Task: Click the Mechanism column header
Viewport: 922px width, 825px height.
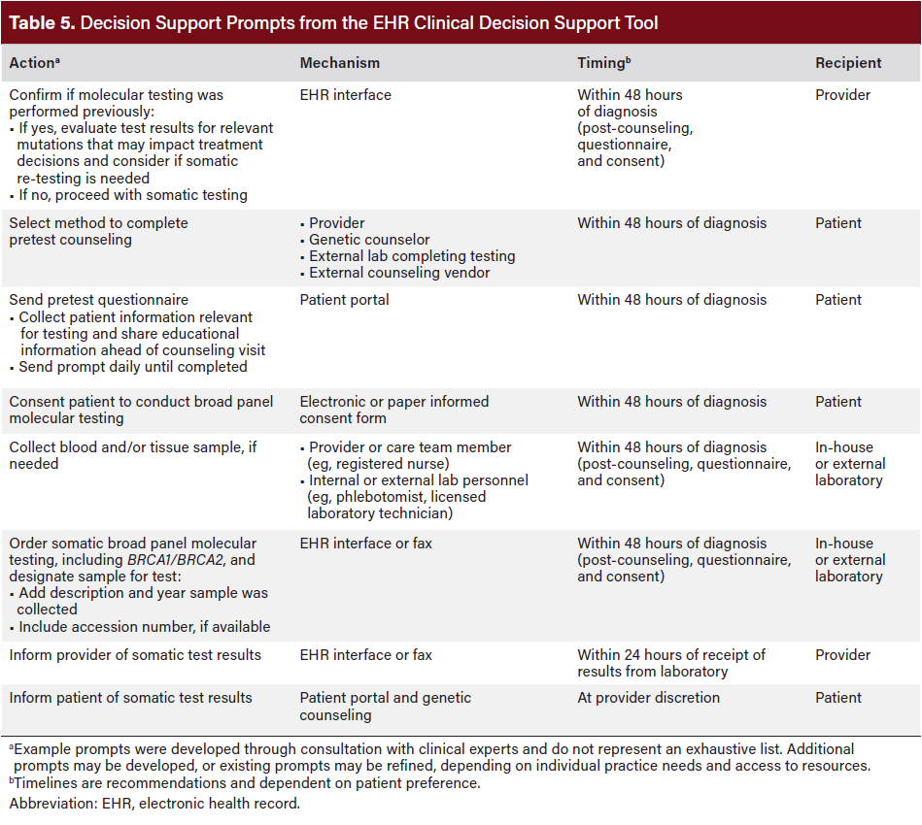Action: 339,63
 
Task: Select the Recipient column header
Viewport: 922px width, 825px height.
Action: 848,63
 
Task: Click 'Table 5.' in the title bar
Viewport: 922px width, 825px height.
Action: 41,22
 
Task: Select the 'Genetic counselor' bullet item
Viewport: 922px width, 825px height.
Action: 369,240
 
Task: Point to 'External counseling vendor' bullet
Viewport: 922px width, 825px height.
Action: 399,273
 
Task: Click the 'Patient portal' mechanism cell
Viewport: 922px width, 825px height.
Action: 344,300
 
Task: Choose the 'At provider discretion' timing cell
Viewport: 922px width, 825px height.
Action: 648,698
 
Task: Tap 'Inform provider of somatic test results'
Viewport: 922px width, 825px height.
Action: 135,655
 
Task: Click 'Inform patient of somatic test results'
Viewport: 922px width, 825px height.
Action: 130,698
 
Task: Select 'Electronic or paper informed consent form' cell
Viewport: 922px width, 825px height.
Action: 393,410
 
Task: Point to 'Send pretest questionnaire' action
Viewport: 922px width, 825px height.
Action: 99,300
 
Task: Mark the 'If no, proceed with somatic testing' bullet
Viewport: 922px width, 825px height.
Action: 133,195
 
